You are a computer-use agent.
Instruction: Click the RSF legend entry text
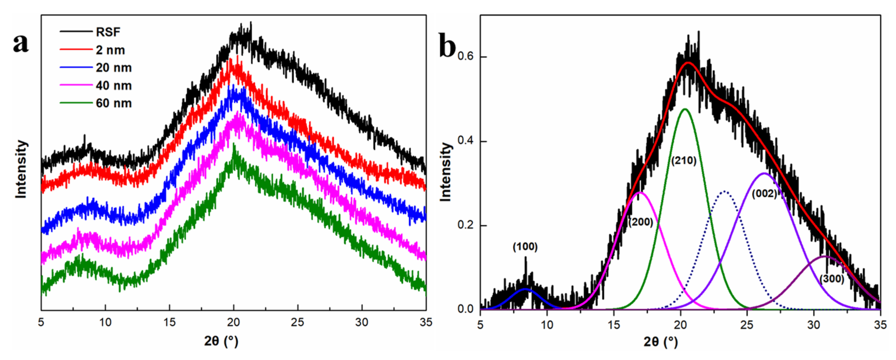point(108,32)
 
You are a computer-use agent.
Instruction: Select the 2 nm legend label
point(110,50)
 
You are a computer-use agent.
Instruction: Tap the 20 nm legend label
point(114,68)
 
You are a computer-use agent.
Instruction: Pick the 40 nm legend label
point(114,85)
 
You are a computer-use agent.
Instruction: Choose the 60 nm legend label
point(114,103)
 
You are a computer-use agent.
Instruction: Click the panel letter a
point(21,44)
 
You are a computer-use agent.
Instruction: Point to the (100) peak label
point(525,247)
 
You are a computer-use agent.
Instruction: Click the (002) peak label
point(764,194)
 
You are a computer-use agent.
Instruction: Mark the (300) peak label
point(832,279)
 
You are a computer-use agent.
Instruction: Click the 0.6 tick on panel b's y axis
point(466,57)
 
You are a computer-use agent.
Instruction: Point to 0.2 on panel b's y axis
point(466,225)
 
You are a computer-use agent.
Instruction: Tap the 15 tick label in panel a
point(169,322)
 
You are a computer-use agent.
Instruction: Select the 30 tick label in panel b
point(814,325)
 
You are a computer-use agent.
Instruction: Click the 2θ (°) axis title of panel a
point(221,342)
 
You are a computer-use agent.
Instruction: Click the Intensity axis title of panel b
point(445,172)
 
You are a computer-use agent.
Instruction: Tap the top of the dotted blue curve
point(724,191)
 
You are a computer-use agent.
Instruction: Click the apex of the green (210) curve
point(685,109)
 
